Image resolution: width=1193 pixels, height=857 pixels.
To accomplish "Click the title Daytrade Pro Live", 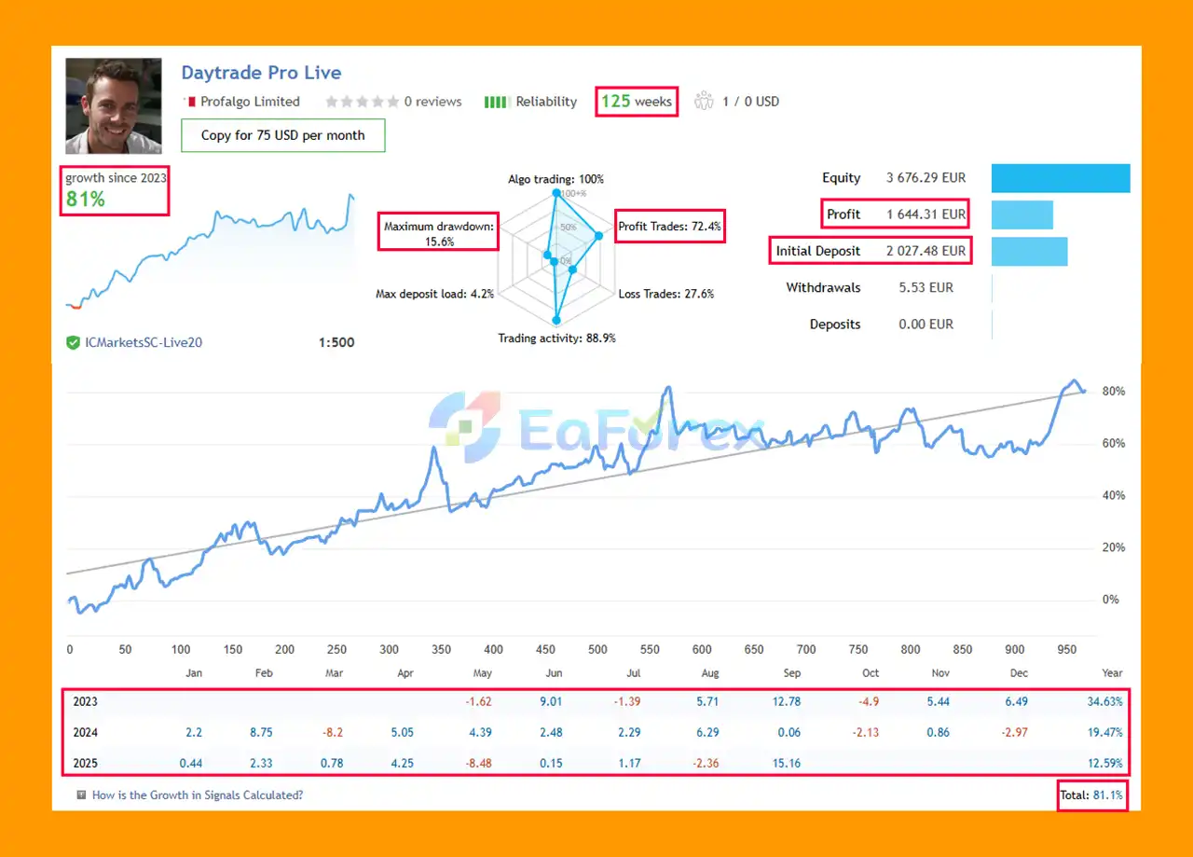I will [261, 73].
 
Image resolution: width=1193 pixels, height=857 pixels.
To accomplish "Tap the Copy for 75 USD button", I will [282, 135].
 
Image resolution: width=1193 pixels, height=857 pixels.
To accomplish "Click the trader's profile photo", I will [113, 105].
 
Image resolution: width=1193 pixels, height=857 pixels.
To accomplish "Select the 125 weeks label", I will [637, 102].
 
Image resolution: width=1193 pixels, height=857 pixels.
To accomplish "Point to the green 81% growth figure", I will [85, 199].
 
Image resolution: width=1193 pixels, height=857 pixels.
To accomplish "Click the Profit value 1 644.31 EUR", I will [926, 214].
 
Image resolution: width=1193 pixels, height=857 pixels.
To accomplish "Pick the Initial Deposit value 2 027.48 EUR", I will [926, 251].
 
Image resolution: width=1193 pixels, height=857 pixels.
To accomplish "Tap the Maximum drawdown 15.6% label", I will [438, 233].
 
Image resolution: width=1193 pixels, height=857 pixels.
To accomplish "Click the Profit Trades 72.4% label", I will [670, 226].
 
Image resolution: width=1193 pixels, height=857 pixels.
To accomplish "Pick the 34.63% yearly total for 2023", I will [1104, 701].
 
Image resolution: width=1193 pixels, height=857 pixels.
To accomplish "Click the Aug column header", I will [709, 672].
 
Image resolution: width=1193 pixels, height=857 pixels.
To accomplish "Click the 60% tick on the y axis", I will [1113, 444].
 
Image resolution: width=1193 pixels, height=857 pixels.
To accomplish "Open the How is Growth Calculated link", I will [197, 795].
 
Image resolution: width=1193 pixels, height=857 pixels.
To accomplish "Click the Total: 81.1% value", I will [1092, 795].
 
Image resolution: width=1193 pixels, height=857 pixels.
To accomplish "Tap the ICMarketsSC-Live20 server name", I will [144, 342].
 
